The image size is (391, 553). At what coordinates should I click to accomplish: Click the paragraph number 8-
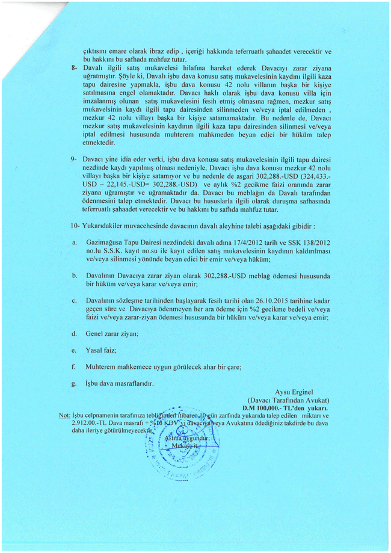[73, 67]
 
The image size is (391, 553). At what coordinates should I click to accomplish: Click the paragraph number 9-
[73, 158]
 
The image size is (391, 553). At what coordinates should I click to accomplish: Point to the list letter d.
[74, 333]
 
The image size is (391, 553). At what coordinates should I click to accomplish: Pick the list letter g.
[74, 383]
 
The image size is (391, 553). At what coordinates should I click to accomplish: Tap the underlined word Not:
[65, 415]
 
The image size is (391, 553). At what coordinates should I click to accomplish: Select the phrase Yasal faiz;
[101, 350]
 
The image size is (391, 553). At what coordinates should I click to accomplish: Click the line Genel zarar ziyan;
[112, 333]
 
